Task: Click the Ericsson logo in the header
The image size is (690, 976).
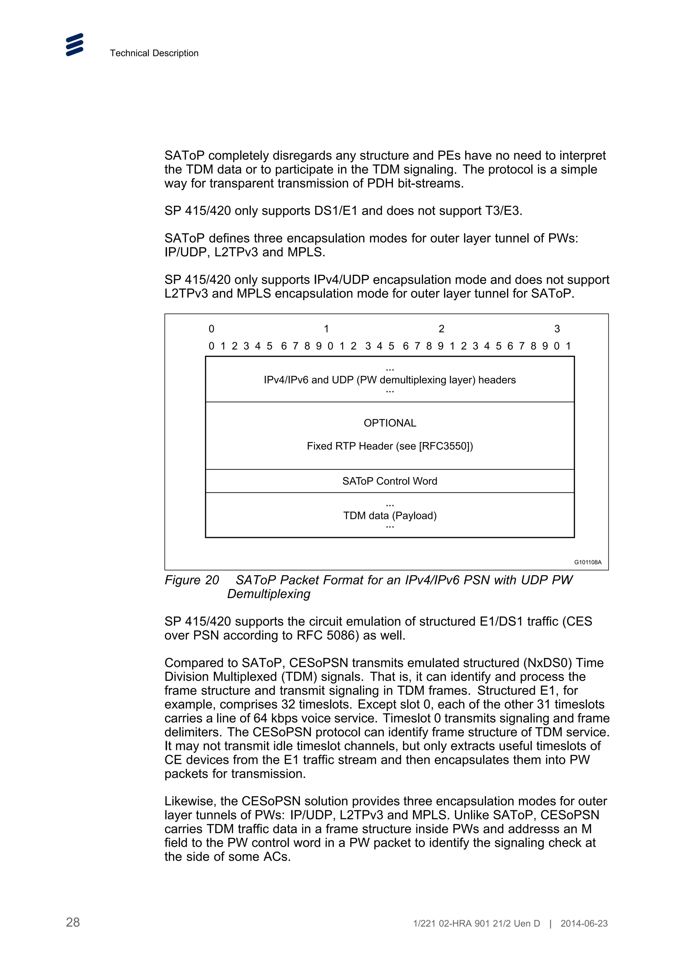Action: [75, 45]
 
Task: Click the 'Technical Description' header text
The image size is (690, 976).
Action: [154, 53]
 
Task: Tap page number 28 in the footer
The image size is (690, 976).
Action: [73, 922]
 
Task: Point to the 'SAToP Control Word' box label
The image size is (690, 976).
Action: [389, 481]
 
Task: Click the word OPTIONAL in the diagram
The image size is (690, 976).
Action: [389, 423]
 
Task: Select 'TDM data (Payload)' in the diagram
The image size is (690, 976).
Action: [389, 516]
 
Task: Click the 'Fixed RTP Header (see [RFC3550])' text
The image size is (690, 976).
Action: [389, 446]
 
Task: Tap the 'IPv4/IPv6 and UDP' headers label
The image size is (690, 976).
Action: [389, 380]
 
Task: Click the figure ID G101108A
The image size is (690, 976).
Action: [588, 562]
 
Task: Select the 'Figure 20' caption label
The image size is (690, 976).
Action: [191, 580]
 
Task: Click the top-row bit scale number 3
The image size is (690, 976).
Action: [557, 329]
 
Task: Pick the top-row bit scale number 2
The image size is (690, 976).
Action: [441, 329]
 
